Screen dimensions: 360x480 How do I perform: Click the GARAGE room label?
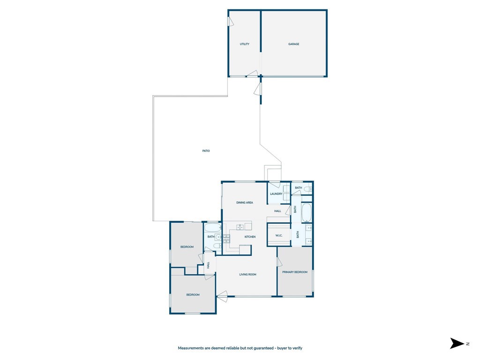coord(293,44)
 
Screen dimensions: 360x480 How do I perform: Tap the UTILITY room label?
coord(244,44)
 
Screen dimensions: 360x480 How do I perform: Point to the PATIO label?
coord(206,151)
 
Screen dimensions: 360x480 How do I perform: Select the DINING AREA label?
coord(244,202)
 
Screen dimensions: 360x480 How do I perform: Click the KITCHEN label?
coord(250,237)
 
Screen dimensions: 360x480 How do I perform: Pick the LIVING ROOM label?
coord(247,274)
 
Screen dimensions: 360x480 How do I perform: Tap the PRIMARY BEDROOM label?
coord(294,272)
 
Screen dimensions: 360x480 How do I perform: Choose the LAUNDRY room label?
coord(276,194)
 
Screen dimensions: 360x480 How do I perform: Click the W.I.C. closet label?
coord(278,235)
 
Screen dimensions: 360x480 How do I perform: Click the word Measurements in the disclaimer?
coord(191,348)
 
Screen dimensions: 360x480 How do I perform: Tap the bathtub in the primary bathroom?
coord(306,213)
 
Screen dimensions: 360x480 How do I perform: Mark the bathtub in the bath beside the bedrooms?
coord(212,228)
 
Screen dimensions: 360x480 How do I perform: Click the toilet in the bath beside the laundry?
coord(307,189)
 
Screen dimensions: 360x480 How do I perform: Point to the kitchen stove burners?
coord(226,239)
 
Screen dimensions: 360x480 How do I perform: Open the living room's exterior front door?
coord(222,295)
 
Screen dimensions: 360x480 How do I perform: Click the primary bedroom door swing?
coord(279,262)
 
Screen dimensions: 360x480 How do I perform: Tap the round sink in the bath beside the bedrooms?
coord(218,238)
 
